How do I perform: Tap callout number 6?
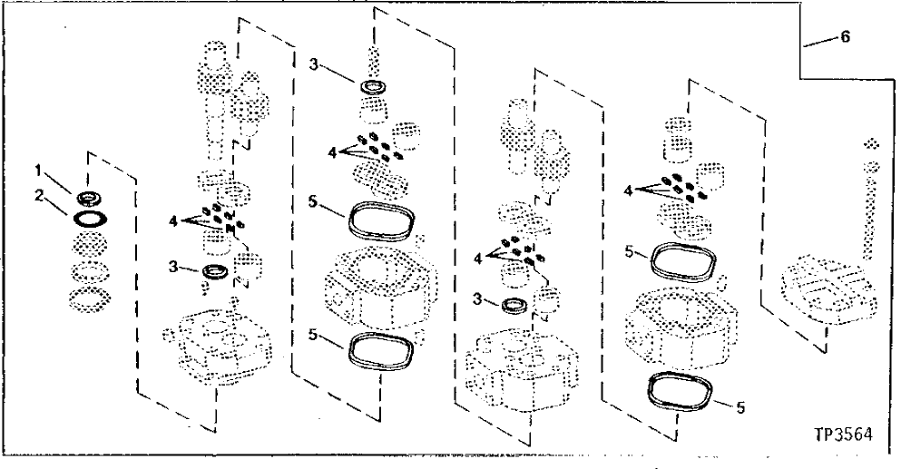pyautogui.click(x=846, y=40)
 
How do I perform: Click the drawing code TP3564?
pyautogui.click(x=844, y=434)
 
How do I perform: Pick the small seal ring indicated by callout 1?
pyautogui.click(x=88, y=198)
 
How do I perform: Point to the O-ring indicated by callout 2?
pyautogui.click(x=88, y=219)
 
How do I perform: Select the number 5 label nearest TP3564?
pyautogui.click(x=741, y=406)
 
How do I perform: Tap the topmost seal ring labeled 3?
pyautogui.click(x=370, y=87)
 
